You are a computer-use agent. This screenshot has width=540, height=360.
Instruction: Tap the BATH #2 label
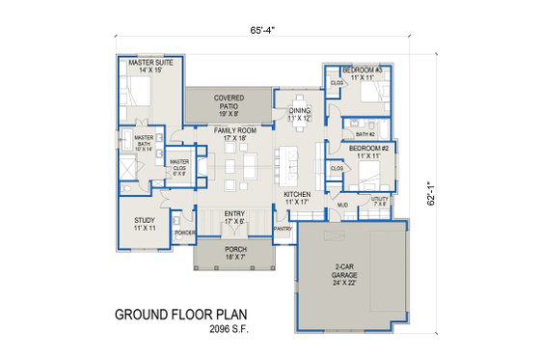point(364,135)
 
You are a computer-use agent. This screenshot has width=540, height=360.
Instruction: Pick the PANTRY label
point(283,229)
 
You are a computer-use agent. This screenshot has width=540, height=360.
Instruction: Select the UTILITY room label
point(379,201)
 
